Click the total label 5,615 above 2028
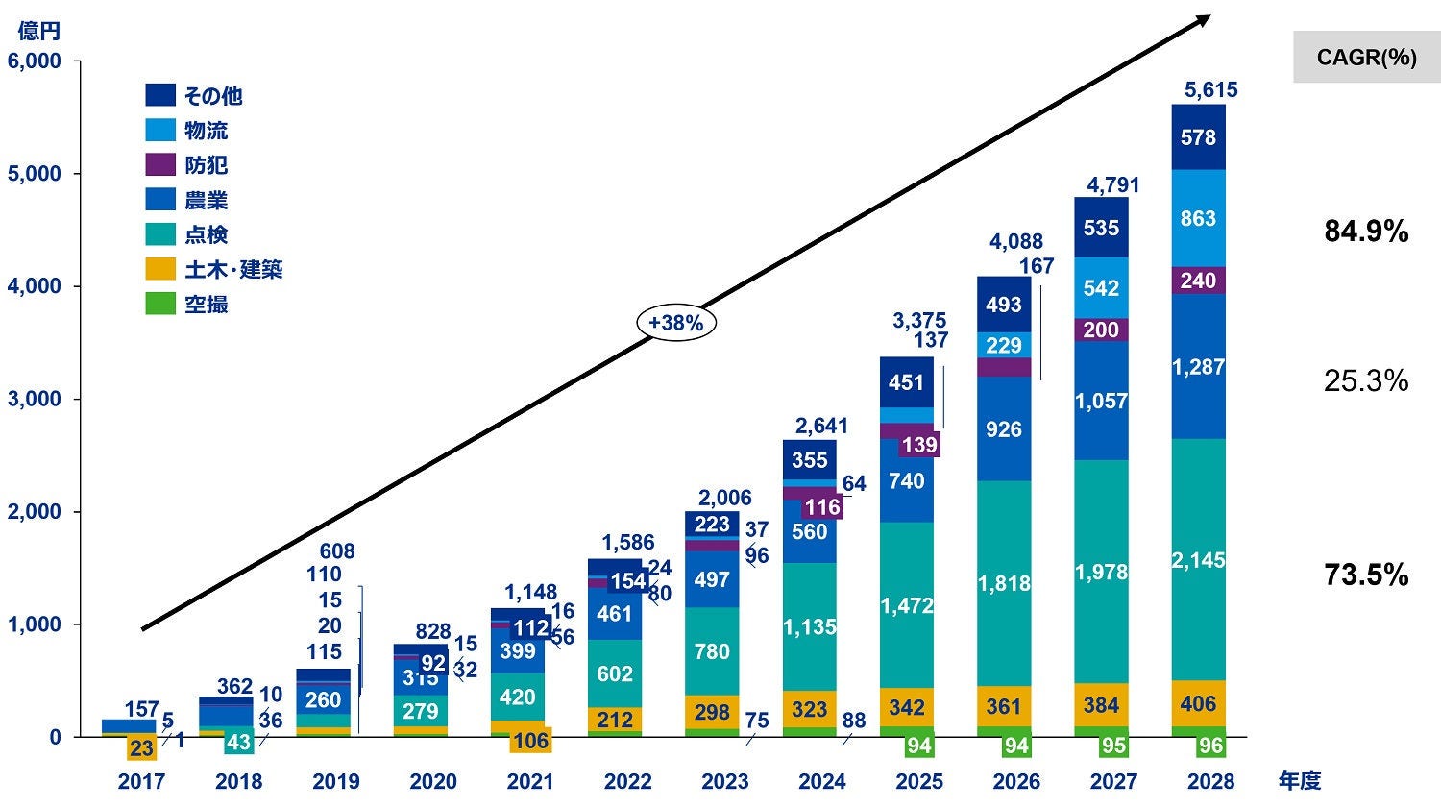point(1210,90)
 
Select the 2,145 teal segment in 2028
point(1198,559)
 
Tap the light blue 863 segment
point(1198,218)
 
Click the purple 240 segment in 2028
point(1198,281)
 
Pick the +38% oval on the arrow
point(675,324)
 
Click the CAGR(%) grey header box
point(1366,58)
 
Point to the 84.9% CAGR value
point(1366,232)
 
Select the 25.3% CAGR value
point(1366,381)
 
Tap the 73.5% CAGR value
point(1366,575)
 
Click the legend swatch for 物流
point(160,130)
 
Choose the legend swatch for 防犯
point(160,164)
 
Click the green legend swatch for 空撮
point(160,304)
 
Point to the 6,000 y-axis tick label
point(35,61)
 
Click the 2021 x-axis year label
point(530,782)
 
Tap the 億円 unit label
point(38,31)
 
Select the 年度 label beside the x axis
point(1299,781)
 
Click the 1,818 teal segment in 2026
point(1004,583)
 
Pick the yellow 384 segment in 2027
point(1101,706)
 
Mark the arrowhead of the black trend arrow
point(1206,18)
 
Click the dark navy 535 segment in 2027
point(1101,228)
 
